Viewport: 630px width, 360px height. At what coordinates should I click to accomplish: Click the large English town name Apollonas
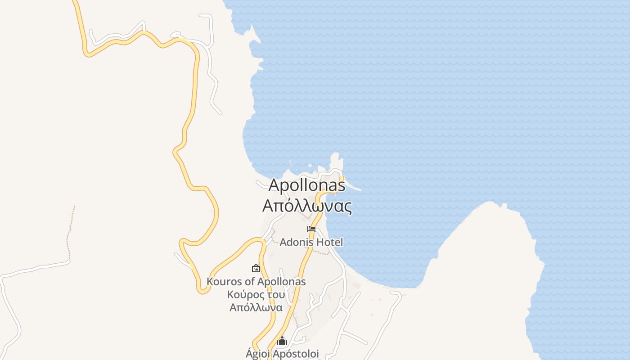pyautogui.click(x=307, y=185)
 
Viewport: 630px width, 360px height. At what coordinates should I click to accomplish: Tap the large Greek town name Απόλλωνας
pyautogui.click(x=307, y=206)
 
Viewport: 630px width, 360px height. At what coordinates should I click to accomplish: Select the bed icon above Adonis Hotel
pyautogui.click(x=311, y=229)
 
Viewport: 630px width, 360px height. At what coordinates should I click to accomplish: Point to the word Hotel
pyautogui.click(x=329, y=242)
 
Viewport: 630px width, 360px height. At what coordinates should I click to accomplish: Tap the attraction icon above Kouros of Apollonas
pyautogui.click(x=256, y=268)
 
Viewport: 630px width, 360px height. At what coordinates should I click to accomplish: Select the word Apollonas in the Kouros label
pyautogui.click(x=281, y=282)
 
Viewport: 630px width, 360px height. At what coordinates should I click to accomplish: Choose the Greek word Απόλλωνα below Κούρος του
pyautogui.click(x=256, y=308)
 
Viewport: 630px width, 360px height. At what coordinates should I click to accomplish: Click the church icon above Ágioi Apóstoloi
pyautogui.click(x=282, y=341)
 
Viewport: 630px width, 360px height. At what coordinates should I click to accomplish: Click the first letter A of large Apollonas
pyautogui.click(x=274, y=185)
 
